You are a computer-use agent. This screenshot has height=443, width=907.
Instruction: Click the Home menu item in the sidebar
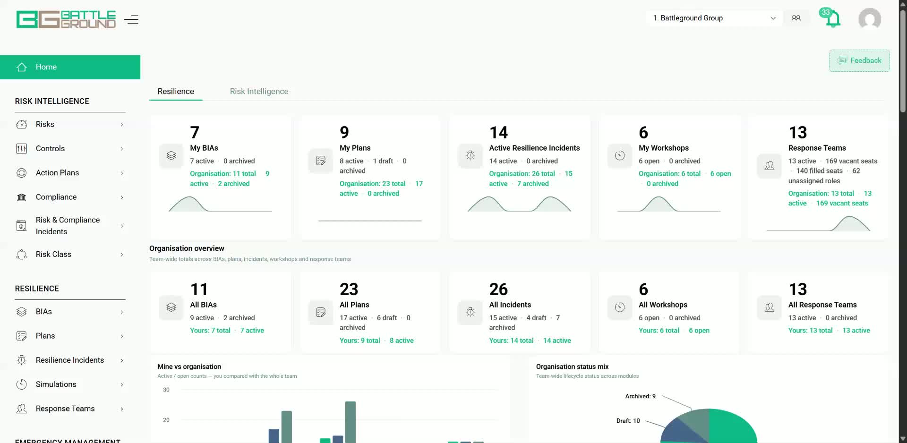(x=70, y=67)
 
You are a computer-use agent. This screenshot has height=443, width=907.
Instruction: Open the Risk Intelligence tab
(x=259, y=91)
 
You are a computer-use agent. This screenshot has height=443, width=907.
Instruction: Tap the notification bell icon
(x=832, y=19)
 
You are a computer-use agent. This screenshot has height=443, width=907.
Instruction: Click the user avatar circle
(x=869, y=19)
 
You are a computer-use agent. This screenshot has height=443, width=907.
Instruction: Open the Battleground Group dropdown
(x=714, y=18)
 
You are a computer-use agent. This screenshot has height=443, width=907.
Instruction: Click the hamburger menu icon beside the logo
(x=131, y=19)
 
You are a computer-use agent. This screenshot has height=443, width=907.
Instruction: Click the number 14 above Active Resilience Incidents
(x=498, y=132)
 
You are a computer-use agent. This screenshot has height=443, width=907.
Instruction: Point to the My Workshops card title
(x=664, y=148)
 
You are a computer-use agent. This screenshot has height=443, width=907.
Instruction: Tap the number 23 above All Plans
(x=349, y=289)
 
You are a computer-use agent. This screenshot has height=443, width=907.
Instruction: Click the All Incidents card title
(x=510, y=305)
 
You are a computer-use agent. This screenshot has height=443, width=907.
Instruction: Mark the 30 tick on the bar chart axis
(x=166, y=390)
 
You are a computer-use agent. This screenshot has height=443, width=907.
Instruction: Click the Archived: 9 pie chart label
(x=640, y=396)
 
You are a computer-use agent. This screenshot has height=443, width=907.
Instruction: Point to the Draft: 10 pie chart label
(x=628, y=421)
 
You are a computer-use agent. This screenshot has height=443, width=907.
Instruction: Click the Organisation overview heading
(x=187, y=248)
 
